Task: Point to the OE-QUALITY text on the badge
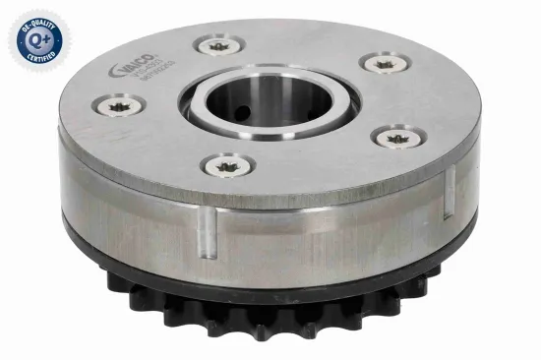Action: click(37, 19)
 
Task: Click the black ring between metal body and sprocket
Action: click(295, 285)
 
